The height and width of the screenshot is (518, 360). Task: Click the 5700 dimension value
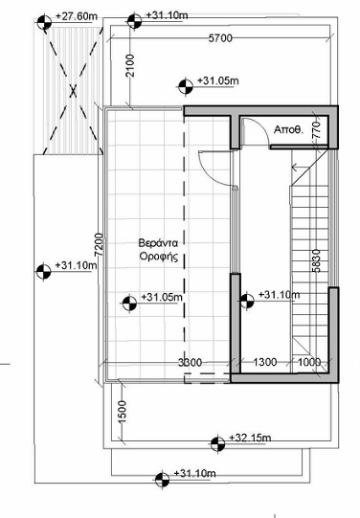pos(220,38)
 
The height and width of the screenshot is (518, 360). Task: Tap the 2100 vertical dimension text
pos(130,66)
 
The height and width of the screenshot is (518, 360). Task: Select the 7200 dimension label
pos(99,245)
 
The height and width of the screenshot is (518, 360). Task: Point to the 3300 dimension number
pos(190,362)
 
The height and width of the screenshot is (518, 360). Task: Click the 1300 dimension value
pos(265,362)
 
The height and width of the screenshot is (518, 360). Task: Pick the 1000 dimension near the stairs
pos(309,362)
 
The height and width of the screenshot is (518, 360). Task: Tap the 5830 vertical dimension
pos(316,260)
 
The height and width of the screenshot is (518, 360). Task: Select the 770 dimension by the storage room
pos(316,130)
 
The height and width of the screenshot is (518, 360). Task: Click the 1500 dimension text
pos(123,412)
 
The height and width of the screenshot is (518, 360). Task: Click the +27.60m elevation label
pos(77,16)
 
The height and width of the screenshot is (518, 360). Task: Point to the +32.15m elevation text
pos(250,438)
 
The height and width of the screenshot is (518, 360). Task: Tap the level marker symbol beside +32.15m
pos(217,444)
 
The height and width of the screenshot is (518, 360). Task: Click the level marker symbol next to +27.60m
pos(44,23)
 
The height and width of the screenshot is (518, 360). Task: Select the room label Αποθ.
pos(288,130)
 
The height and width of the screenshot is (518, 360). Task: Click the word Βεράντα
pos(158,243)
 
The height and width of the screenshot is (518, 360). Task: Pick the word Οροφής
pos(159,257)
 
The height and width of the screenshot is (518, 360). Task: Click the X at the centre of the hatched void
pos(73,91)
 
